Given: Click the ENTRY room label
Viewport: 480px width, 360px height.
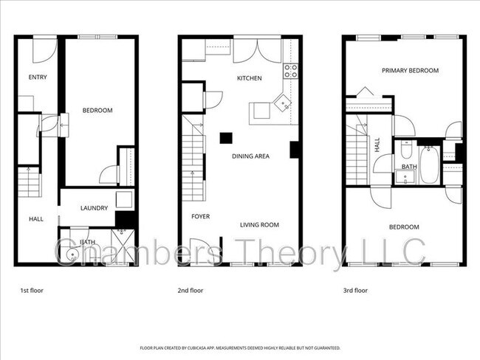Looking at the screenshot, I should point(38,77).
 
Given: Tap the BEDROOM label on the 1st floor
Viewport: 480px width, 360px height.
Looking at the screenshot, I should point(97,111).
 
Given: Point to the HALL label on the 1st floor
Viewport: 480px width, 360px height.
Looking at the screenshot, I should point(35,219).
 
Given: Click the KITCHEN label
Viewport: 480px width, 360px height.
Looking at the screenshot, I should point(249,78).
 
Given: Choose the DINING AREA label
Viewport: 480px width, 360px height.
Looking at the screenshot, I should point(250,156).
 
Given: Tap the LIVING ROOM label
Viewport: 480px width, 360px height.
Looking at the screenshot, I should point(259,225).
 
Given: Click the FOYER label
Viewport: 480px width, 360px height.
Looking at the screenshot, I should point(200,217).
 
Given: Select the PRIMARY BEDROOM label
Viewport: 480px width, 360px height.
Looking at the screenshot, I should point(410,71).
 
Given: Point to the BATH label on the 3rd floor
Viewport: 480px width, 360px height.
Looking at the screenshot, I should point(408,167).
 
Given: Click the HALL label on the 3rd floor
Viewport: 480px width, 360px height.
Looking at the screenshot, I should point(377,145).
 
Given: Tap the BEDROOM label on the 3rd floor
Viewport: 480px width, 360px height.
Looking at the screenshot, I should point(404,227).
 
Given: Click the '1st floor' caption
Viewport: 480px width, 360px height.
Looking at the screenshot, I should point(31,291).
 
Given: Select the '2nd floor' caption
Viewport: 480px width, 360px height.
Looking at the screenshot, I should point(191,291).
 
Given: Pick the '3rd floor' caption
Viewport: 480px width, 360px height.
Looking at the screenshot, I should point(355,291).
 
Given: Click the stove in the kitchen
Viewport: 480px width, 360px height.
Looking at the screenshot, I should point(291,72).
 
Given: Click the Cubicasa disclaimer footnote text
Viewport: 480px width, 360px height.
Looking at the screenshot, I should point(240,347).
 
